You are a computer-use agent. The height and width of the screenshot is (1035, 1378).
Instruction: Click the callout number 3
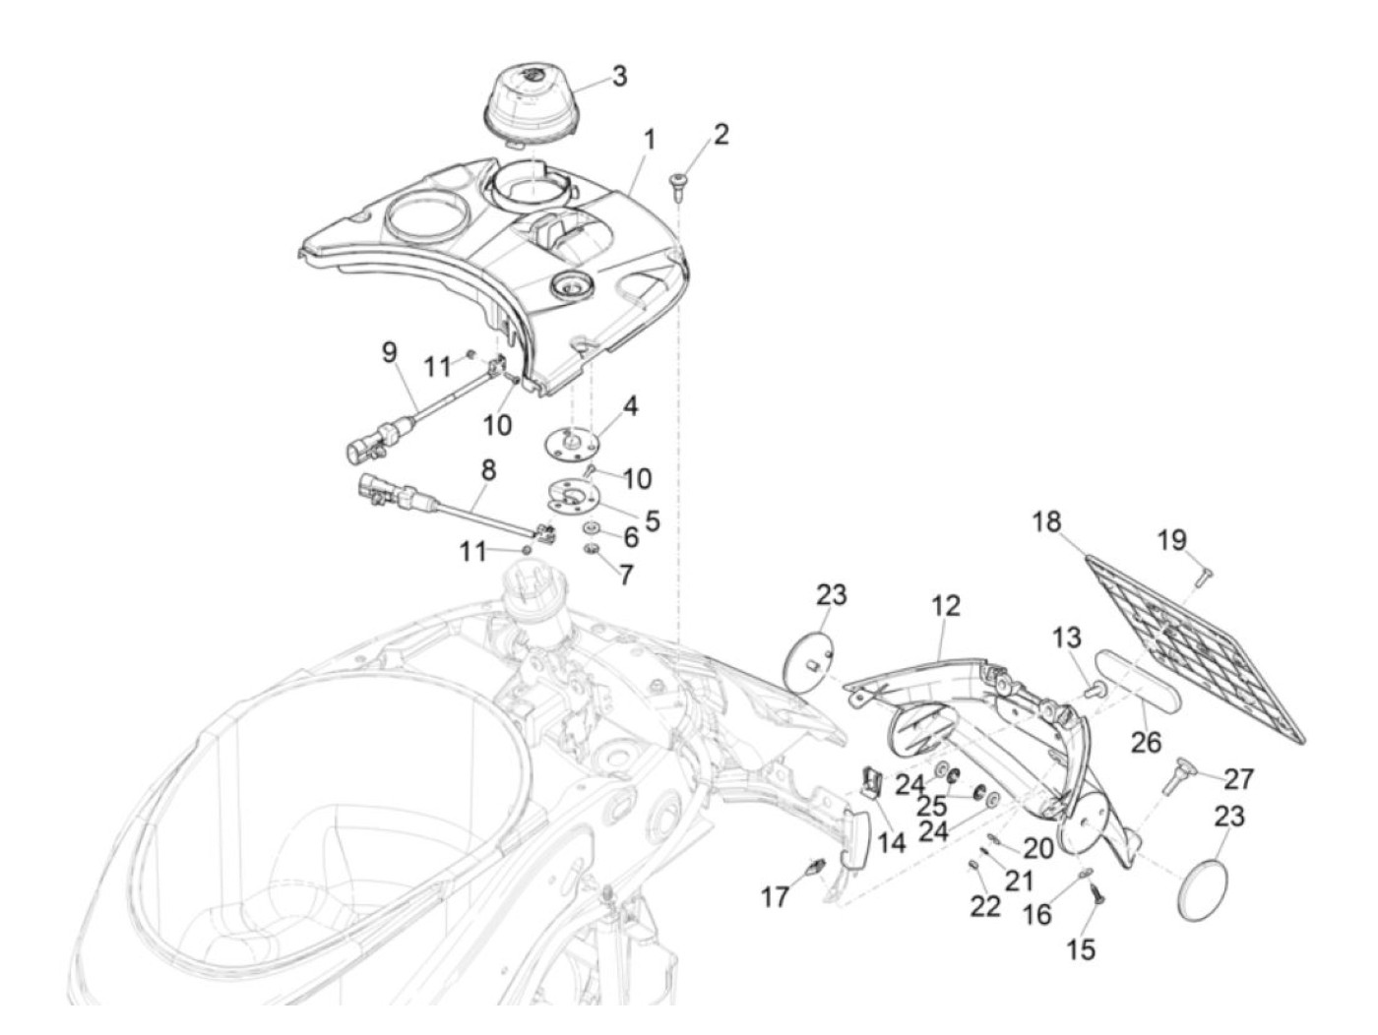click(618, 76)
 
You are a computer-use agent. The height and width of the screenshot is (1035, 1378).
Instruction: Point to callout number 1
click(649, 140)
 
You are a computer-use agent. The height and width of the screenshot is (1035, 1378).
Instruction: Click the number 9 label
click(389, 350)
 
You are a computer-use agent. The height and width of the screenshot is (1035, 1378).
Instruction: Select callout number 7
click(626, 574)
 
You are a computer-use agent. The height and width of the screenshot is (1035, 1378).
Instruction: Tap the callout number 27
click(1239, 779)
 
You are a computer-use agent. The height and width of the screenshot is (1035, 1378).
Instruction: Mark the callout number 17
click(775, 896)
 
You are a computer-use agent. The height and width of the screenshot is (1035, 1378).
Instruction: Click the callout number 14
click(893, 842)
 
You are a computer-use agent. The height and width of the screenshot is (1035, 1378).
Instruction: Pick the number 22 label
click(985, 906)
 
